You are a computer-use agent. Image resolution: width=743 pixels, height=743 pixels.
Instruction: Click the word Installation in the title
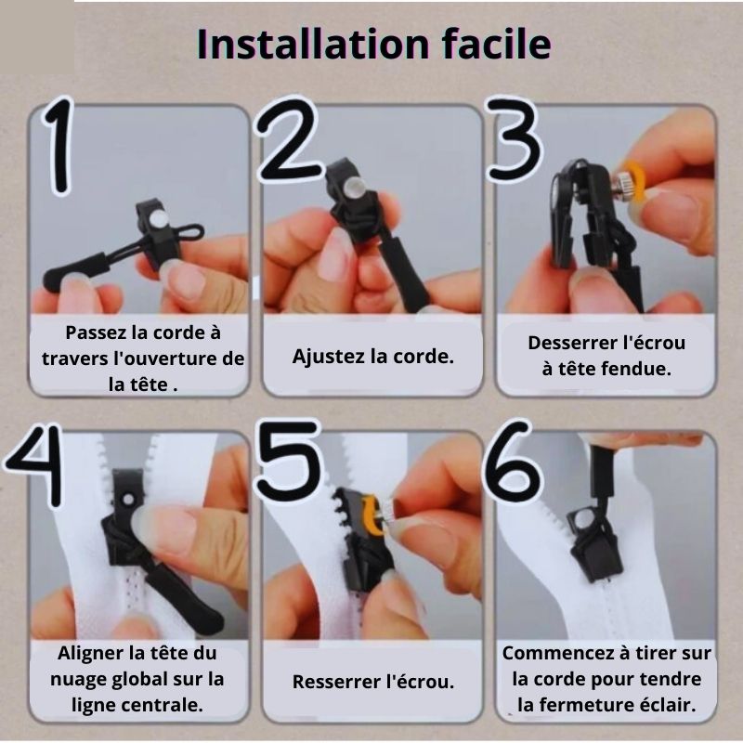click(313, 44)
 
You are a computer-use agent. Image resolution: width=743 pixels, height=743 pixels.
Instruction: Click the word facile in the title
click(497, 44)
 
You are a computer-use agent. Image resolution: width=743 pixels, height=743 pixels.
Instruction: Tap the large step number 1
click(59, 145)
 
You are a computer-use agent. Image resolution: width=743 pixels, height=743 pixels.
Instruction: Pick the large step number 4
click(34, 465)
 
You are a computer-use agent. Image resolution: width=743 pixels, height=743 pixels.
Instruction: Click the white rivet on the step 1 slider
click(159, 219)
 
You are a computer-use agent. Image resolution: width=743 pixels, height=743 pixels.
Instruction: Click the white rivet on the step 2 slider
click(354, 188)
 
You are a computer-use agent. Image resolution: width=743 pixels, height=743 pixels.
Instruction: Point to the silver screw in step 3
click(622, 184)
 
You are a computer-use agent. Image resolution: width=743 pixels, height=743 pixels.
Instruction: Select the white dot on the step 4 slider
click(128, 499)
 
